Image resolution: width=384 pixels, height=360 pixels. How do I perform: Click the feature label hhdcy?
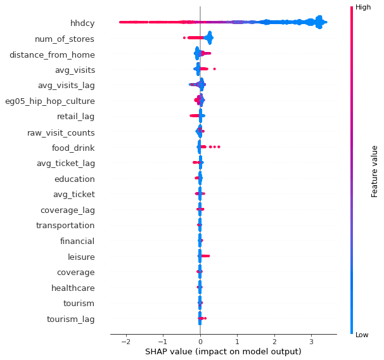click(84, 23)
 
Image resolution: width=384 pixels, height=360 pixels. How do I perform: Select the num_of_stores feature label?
click(65, 39)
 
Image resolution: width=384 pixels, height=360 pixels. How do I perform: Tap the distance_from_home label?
click(52, 55)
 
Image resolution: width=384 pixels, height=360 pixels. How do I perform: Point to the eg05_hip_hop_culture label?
click(49, 101)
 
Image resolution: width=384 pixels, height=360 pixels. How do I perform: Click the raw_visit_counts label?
click(61, 132)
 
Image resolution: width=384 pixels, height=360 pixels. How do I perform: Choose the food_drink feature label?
click(73, 148)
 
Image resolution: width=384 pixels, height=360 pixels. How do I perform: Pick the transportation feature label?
click(65, 226)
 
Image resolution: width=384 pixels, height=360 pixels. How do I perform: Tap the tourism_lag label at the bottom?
click(70, 319)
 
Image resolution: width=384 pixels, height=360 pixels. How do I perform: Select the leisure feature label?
click(81, 257)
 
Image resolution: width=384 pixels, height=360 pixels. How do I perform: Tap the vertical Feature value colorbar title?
click(374, 170)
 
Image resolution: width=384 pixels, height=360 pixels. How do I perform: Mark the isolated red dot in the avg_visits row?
click(214, 68)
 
